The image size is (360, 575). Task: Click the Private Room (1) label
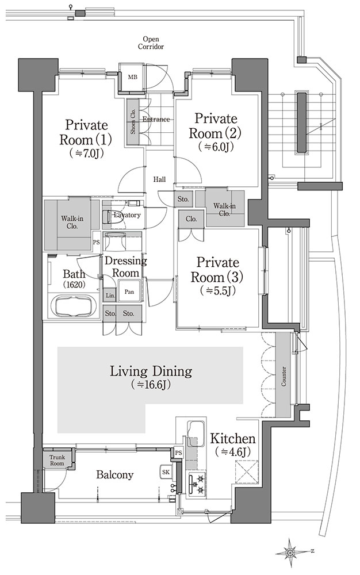click(86, 138)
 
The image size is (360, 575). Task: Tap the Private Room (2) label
click(215, 132)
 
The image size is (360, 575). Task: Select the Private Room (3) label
click(217, 275)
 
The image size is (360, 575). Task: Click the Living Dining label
click(151, 376)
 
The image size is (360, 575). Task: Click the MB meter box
click(132, 78)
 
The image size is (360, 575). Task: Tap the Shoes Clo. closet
click(132, 121)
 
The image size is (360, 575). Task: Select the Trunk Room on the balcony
click(57, 460)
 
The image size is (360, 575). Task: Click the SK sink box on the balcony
click(166, 472)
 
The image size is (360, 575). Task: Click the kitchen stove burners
click(197, 484)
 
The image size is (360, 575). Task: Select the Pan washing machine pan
click(129, 292)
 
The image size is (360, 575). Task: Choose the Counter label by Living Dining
click(284, 376)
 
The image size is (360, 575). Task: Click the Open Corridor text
click(151, 43)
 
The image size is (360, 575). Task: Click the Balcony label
click(115, 475)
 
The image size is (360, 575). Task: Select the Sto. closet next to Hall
click(183, 199)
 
